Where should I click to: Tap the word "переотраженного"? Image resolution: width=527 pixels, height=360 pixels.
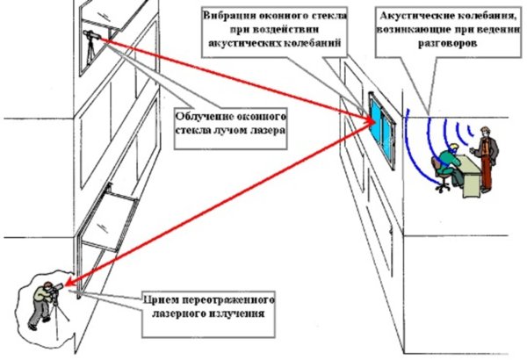(x=227, y=298)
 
